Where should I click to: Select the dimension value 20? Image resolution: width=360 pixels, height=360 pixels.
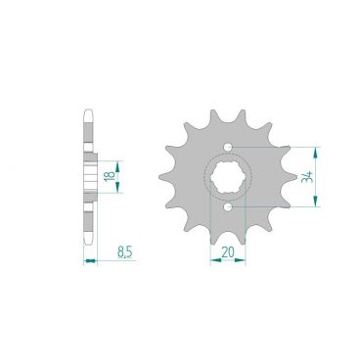pos(228,251)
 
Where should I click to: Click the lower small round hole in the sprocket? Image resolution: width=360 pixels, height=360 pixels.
pos(228,206)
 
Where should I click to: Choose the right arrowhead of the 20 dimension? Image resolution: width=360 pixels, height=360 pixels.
pos(243,260)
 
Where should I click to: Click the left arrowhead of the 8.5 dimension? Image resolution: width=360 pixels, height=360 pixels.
pos(86,260)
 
